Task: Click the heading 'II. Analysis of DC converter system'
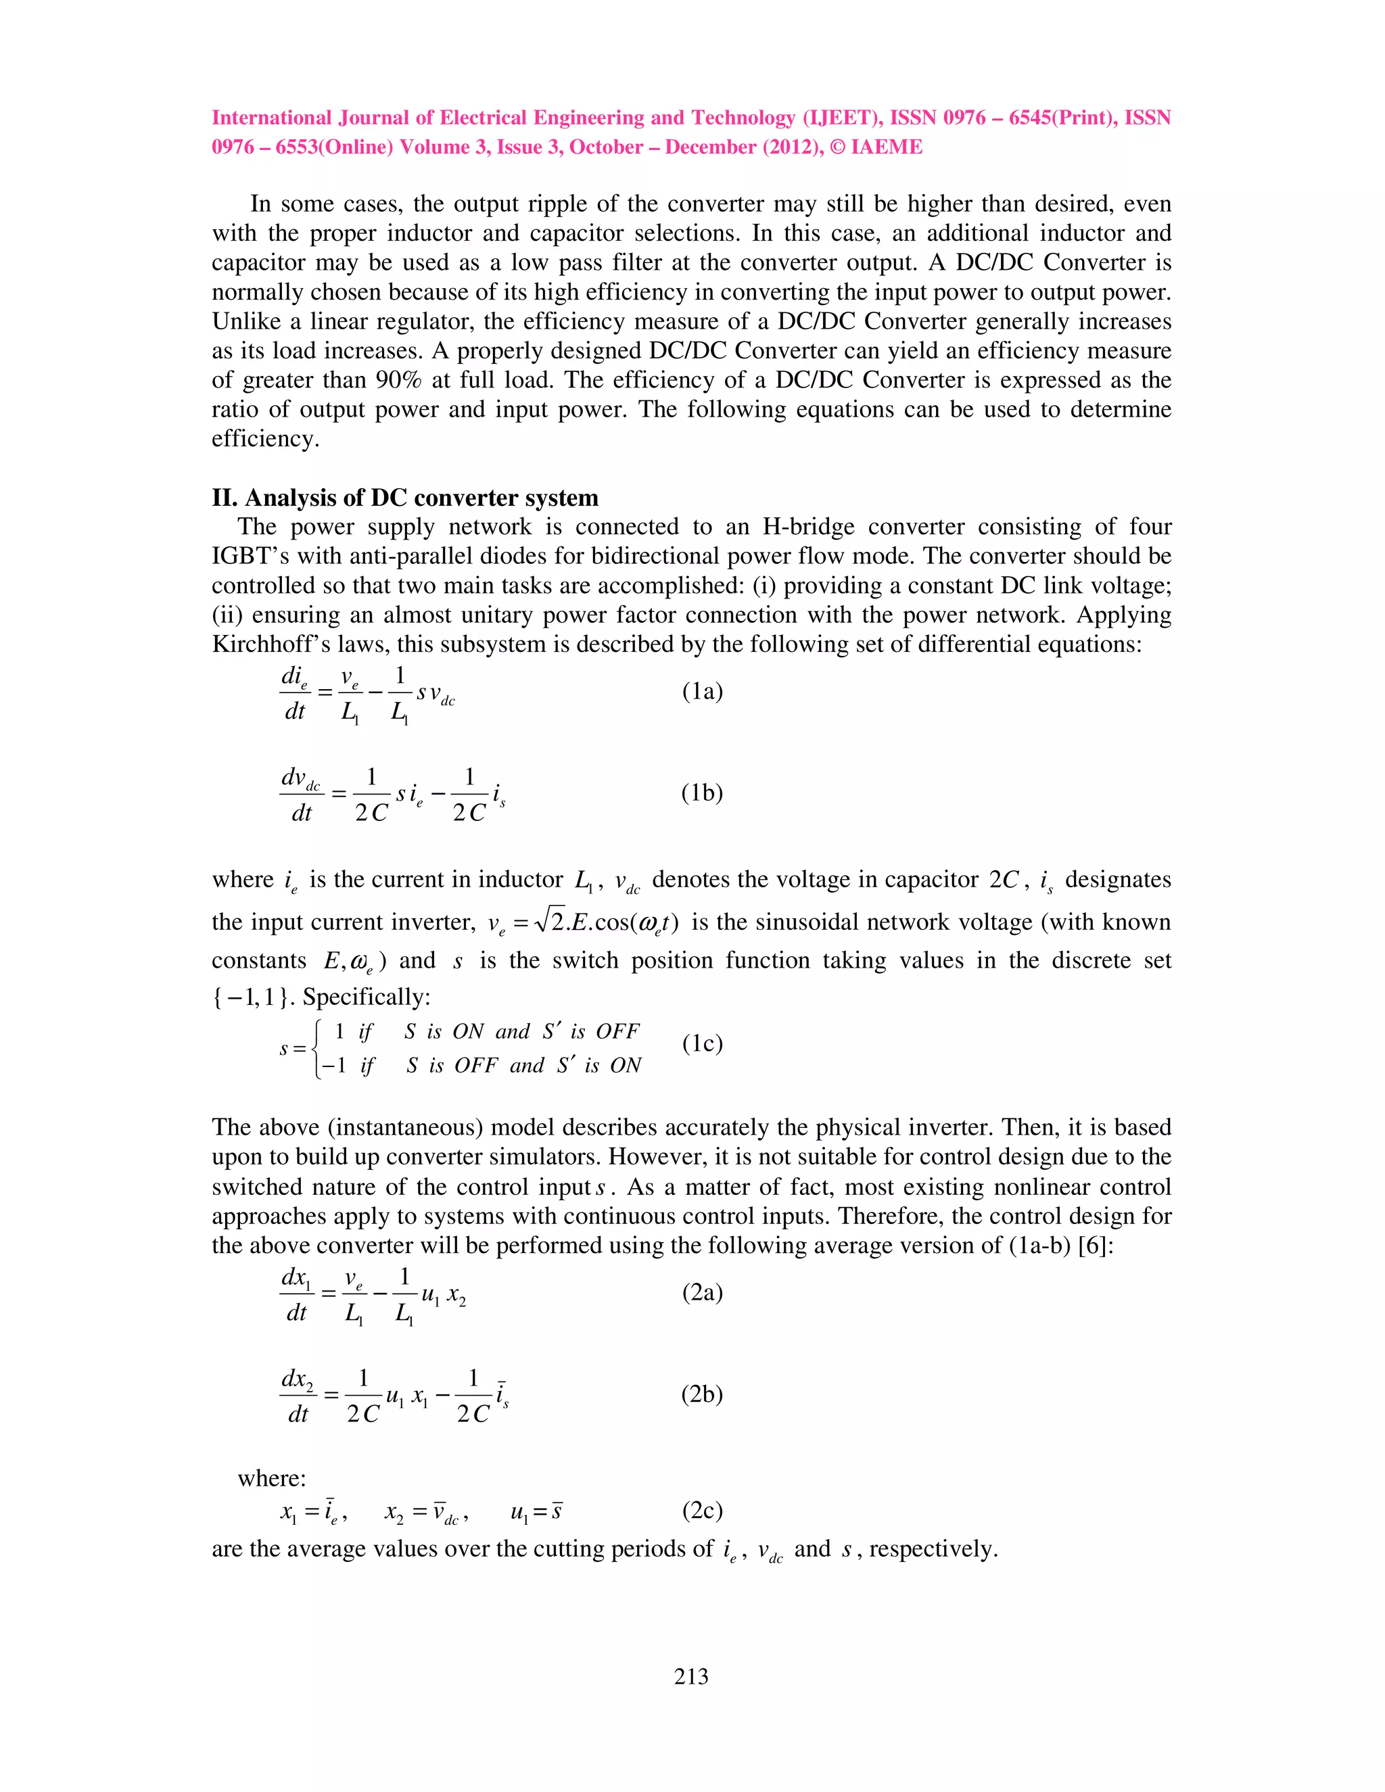(x=404, y=498)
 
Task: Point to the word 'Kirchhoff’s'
(x=269, y=645)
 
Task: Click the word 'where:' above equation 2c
(x=272, y=1478)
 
